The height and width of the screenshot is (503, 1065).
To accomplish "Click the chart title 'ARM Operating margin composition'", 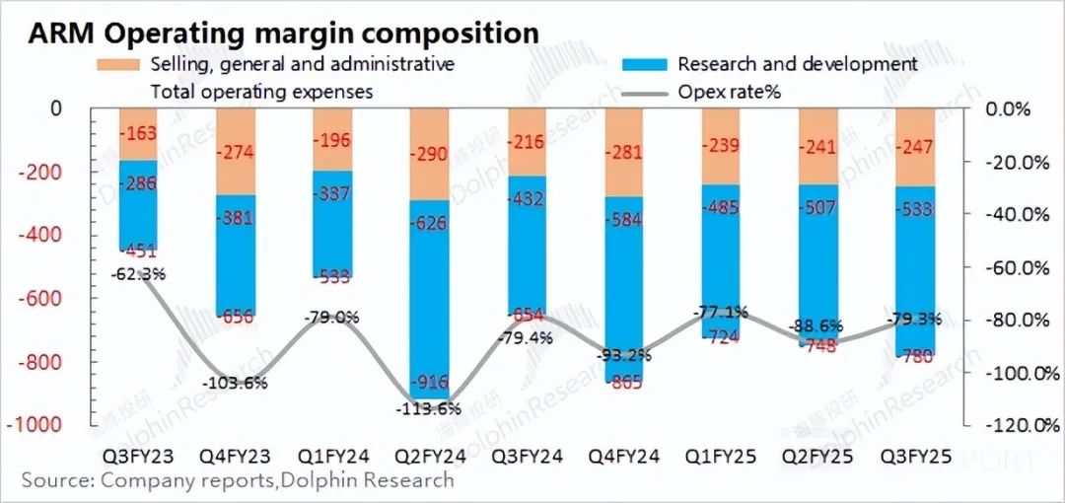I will coord(284,33).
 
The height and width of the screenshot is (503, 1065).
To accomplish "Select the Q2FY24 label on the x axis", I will coord(432,459).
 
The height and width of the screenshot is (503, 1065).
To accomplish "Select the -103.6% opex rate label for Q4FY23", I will coord(235,383).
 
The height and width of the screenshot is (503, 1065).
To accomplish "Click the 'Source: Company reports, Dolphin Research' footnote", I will coord(238,481).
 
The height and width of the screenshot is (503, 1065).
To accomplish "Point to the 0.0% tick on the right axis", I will coord(1009,108).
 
